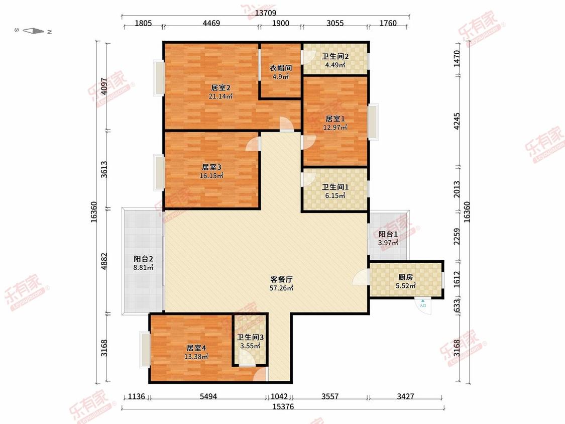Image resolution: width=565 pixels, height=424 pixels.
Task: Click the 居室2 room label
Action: point(220,87)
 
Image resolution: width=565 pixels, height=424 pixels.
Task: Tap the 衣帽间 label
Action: point(281,68)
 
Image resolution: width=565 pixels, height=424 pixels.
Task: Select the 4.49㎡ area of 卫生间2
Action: point(335,65)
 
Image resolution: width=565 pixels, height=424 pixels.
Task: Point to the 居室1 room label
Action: point(335,119)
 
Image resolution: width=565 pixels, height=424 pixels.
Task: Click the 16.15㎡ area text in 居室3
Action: point(211,176)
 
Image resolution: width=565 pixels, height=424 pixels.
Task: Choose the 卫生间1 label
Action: point(335,187)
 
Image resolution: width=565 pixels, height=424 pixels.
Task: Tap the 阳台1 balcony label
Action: point(388,234)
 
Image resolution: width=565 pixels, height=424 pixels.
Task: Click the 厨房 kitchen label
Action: point(405,277)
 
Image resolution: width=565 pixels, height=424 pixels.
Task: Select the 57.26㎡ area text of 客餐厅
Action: point(281,288)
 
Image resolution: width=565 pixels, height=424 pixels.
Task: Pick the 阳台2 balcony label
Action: point(144,259)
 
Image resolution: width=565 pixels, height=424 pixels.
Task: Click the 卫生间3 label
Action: point(251,338)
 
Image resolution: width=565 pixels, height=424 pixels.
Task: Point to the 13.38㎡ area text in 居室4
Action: point(196,357)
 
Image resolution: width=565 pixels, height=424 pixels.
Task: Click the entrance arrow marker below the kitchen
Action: point(423,303)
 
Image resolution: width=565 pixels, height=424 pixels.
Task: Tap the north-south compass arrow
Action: point(33,31)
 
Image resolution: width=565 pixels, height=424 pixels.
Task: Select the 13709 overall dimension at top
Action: point(266,13)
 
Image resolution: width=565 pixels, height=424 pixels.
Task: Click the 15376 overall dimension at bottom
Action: point(283,407)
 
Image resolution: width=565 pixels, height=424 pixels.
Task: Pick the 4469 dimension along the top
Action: point(211,23)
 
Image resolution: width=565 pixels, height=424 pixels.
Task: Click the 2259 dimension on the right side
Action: point(457,237)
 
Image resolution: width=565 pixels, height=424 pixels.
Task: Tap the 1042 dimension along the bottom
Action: point(279,396)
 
